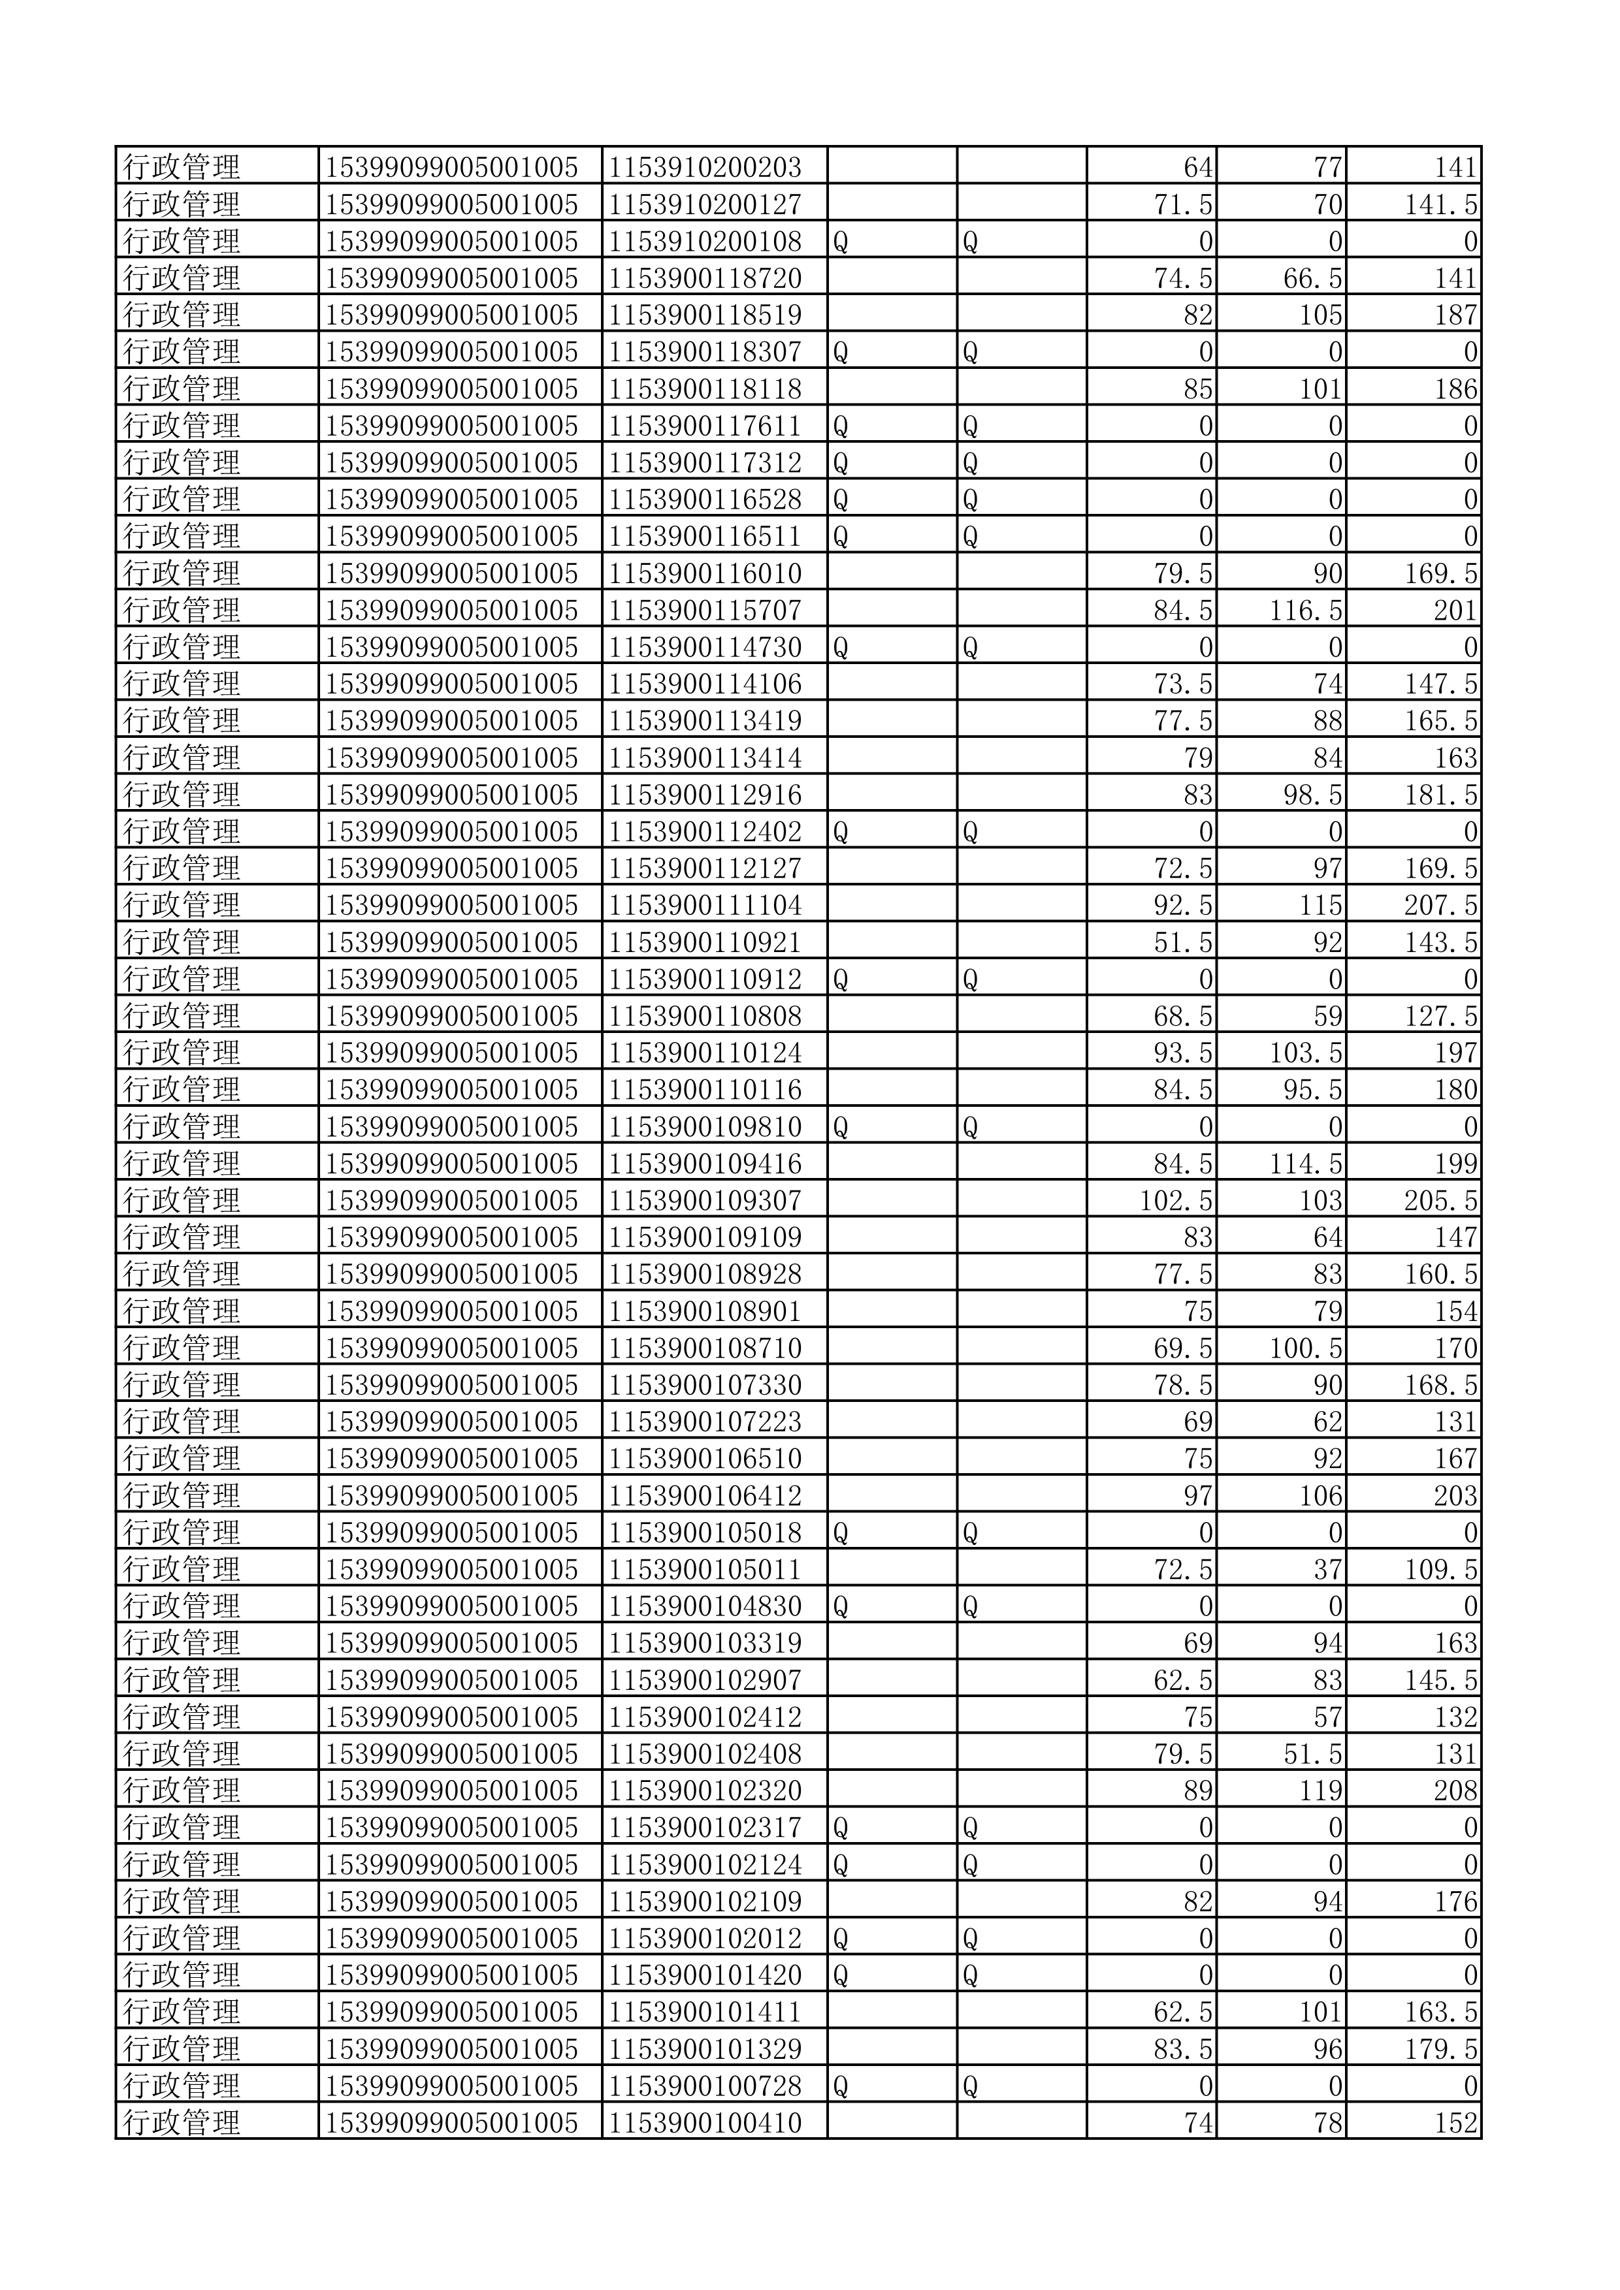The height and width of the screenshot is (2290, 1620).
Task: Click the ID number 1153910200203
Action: click(x=705, y=168)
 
